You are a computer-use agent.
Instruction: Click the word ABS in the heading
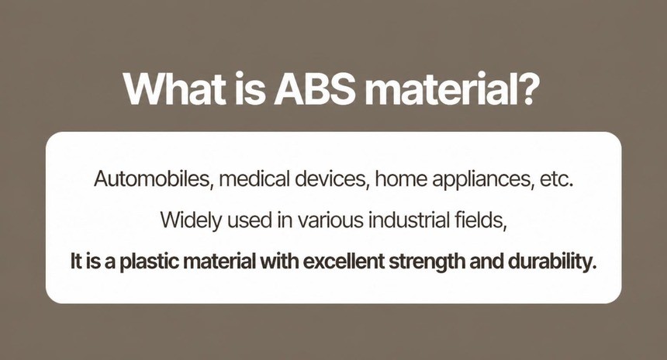(314, 89)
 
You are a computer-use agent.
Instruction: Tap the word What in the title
(175, 89)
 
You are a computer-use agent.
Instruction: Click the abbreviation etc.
(556, 179)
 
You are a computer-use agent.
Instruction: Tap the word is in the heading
(250, 89)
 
